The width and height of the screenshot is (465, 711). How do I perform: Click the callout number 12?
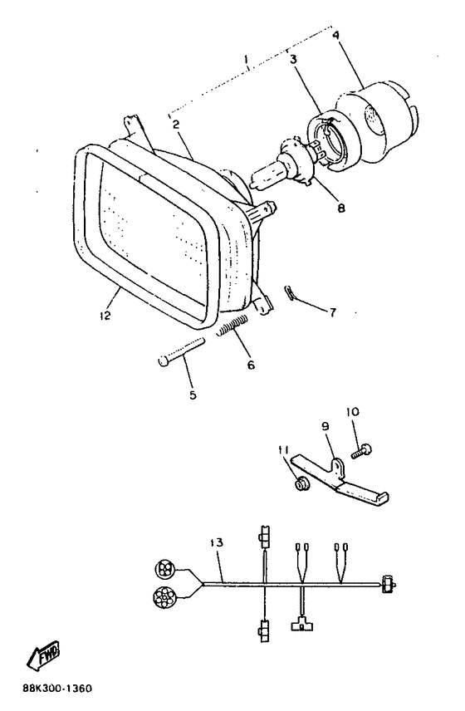click(x=105, y=315)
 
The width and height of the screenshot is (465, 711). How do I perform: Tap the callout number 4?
click(x=335, y=35)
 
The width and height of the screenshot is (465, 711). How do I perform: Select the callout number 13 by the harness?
click(x=217, y=542)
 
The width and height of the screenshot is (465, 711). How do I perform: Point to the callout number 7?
click(x=333, y=312)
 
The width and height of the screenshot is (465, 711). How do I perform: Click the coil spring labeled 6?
click(x=232, y=326)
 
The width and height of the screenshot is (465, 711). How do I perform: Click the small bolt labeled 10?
click(x=362, y=452)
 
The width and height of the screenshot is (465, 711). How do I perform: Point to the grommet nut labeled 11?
click(x=301, y=485)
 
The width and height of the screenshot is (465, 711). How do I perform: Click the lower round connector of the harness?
click(x=163, y=597)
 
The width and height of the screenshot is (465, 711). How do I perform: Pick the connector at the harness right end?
click(x=389, y=585)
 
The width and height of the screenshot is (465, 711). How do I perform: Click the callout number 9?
click(x=325, y=426)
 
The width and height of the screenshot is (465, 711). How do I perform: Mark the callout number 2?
click(x=176, y=124)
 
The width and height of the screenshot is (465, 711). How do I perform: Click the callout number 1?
click(x=246, y=60)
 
